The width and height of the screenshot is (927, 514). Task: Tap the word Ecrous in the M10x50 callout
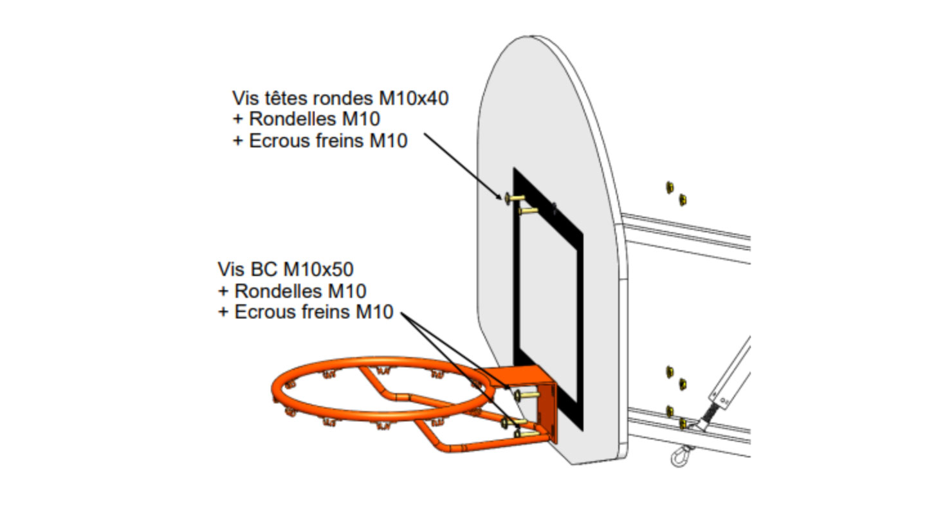click(265, 313)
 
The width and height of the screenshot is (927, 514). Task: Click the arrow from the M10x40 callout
click(463, 167)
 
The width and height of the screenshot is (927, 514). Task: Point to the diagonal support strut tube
click(733, 373)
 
